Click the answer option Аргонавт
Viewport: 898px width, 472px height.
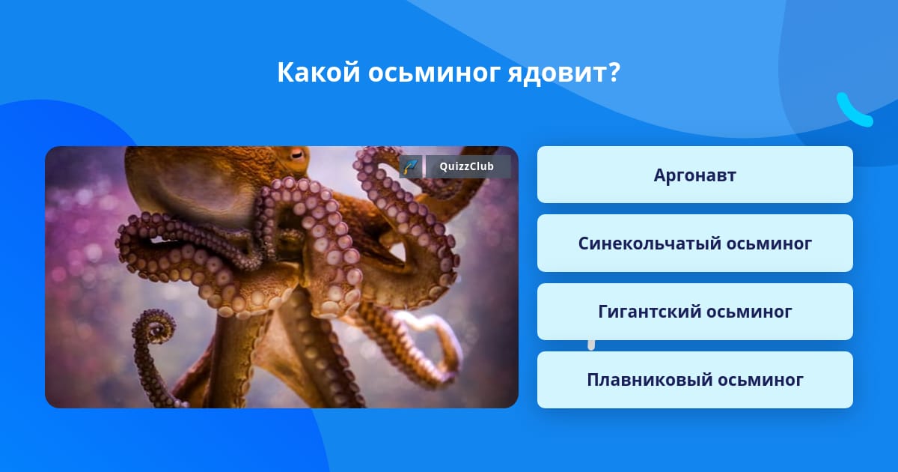pos(694,175)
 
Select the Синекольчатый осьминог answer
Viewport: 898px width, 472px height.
pos(694,243)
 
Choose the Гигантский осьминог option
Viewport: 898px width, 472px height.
pos(694,312)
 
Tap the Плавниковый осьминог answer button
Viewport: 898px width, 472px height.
pos(694,380)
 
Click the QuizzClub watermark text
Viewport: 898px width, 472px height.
pos(467,166)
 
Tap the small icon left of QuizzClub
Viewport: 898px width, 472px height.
pos(411,166)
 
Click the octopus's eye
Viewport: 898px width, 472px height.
pos(297,153)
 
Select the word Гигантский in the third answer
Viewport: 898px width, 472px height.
pos(648,312)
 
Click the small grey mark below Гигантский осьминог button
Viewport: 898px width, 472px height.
pos(591,345)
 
